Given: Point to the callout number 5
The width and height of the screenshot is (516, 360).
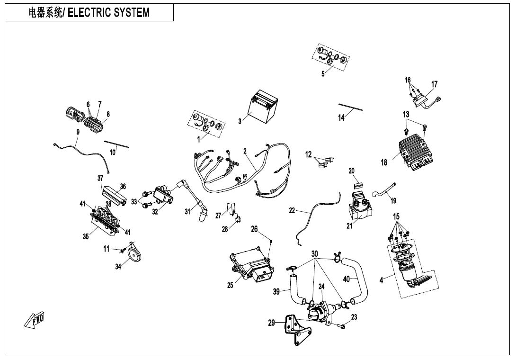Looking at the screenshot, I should (323, 74).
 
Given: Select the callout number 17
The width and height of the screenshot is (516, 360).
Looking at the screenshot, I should (434, 84).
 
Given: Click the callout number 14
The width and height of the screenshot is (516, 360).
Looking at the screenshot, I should (341, 118).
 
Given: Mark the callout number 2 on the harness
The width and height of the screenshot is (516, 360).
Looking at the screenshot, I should (245, 151).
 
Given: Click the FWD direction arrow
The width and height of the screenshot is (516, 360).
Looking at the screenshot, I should (34, 321).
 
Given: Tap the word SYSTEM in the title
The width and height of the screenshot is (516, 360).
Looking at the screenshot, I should (127, 13).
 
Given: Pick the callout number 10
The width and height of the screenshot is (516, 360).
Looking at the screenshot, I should (113, 152).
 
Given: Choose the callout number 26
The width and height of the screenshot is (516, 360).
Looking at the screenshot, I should (254, 229).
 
